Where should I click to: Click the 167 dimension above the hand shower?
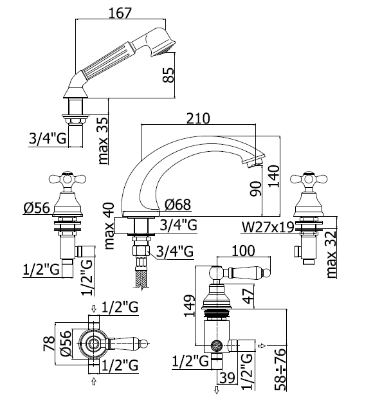pyautogui.click(x=120, y=13)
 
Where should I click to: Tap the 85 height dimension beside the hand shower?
pyautogui.click(x=168, y=75)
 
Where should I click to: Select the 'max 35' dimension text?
pyautogui.click(x=103, y=140)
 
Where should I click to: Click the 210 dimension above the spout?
pyautogui.click(x=198, y=119)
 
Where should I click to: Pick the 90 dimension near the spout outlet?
pyautogui.click(x=255, y=189)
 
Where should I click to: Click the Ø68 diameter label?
pyautogui.click(x=178, y=205)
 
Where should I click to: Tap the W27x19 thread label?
pyautogui.click(x=268, y=227)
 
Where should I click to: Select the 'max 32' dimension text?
pyautogui.click(x=331, y=254)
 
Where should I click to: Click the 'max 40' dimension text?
pyautogui.click(x=109, y=226)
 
